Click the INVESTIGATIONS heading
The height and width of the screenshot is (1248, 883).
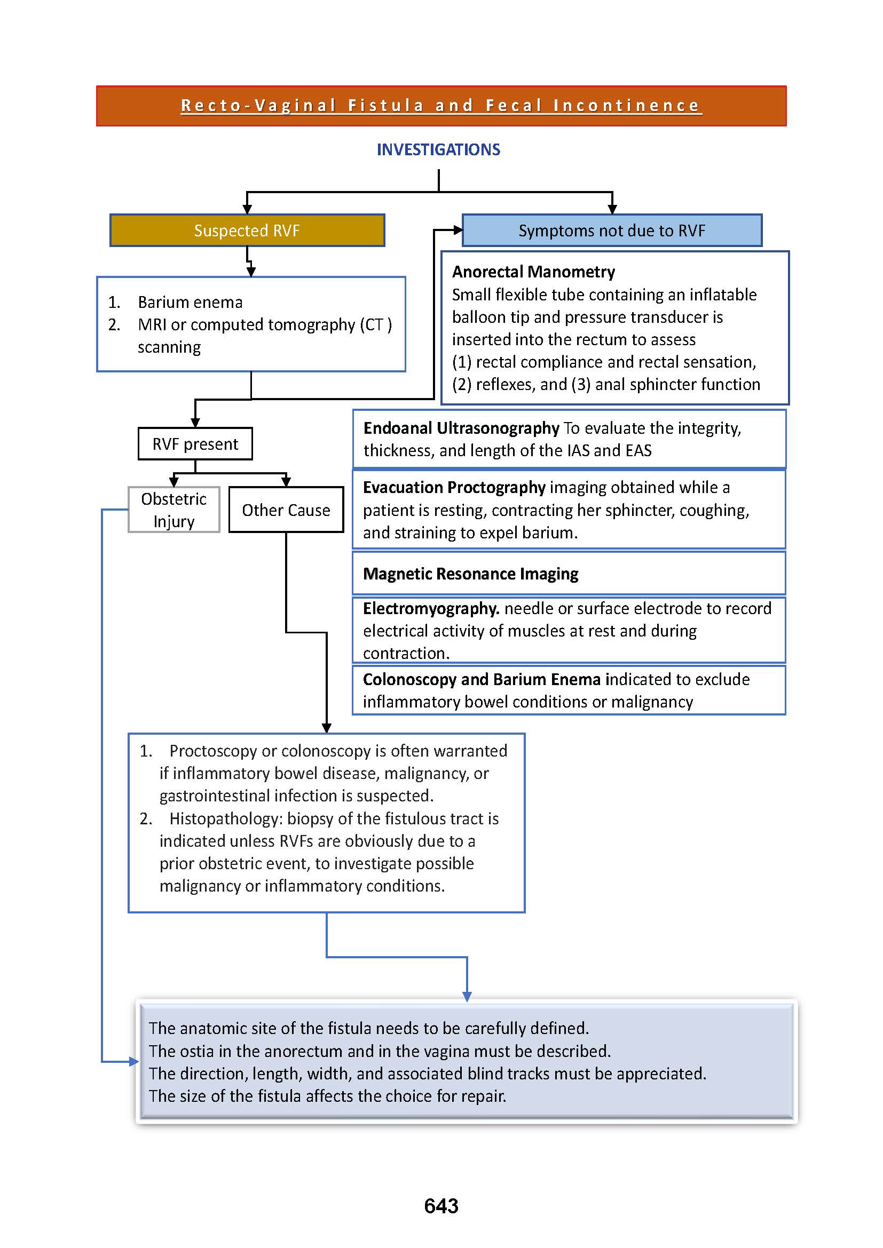[438, 149]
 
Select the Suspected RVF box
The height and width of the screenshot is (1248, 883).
[247, 230]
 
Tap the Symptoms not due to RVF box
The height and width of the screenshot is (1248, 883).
[612, 230]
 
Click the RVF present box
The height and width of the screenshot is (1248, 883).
[195, 444]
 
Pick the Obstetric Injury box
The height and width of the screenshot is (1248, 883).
[174, 510]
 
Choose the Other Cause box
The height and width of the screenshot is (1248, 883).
[286, 510]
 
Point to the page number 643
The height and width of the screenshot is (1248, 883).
[441, 1206]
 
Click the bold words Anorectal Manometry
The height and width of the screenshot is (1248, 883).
[533, 272]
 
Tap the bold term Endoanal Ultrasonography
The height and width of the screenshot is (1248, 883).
[461, 428]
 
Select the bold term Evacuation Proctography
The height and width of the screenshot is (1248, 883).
[454, 488]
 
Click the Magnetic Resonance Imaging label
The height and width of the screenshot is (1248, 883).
[470, 574]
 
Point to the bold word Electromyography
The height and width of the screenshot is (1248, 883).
[431, 608]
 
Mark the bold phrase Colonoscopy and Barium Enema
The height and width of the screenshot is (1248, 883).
[481, 679]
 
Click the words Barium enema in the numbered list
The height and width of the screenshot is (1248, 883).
[190, 302]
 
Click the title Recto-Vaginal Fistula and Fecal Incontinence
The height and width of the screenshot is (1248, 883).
[440, 106]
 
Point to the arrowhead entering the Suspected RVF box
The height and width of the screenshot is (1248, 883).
[247, 210]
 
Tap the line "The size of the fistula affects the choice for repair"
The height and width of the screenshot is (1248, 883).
[327, 1096]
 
